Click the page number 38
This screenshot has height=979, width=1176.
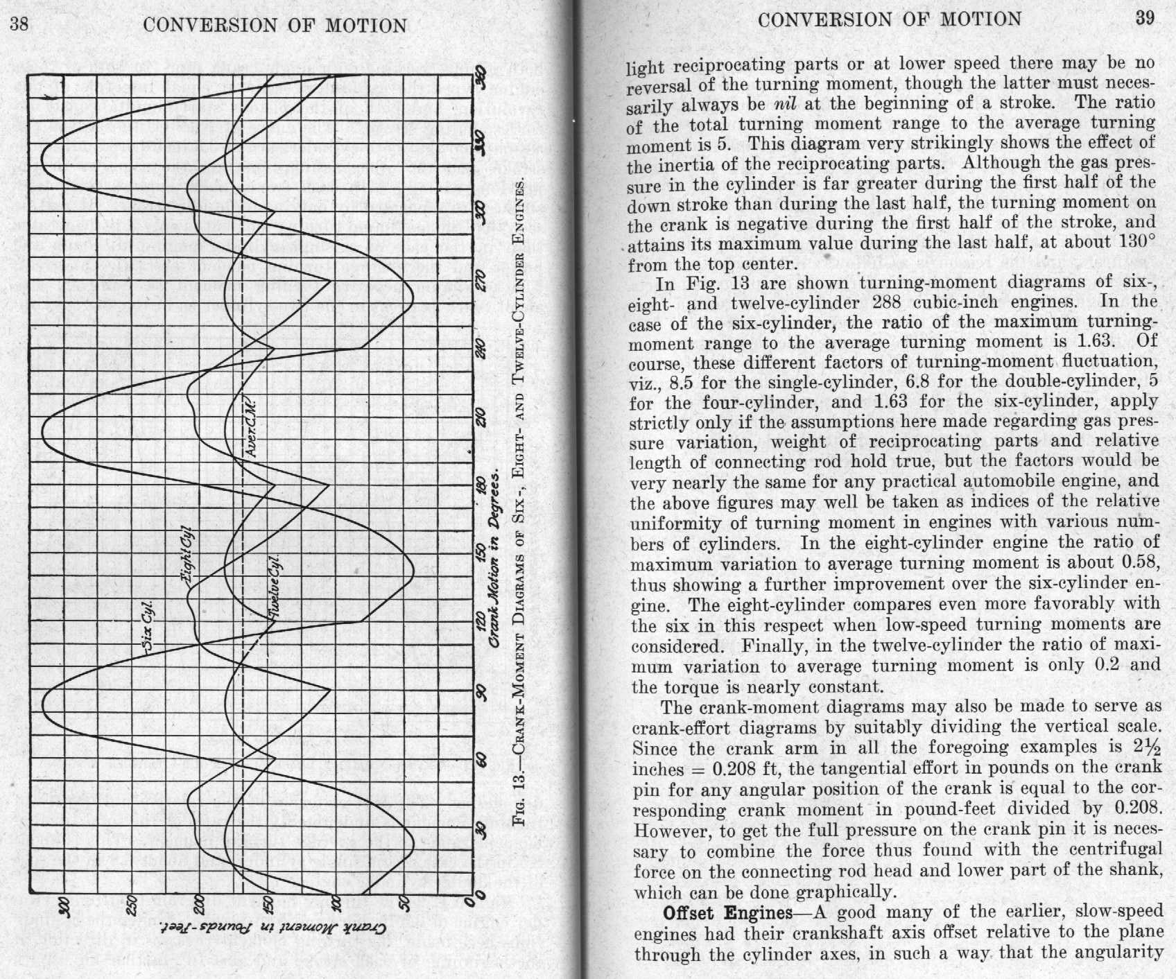click(x=19, y=25)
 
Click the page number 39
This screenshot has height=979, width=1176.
click(x=1145, y=18)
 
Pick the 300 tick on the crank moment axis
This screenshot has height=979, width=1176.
click(x=63, y=906)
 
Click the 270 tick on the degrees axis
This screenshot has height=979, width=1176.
click(x=481, y=279)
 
